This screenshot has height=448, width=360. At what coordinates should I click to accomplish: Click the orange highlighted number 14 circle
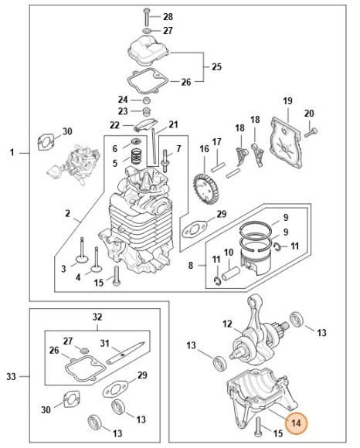pyautogui.click(x=296, y=423)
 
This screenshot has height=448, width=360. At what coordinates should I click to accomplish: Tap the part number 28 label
pyautogui.click(x=168, y=16)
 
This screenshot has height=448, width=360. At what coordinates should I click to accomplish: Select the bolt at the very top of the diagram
pyautogui.click(x=147, y=16)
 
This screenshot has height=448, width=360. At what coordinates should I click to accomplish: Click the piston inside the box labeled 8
pyautogui.click(x=255, y=261)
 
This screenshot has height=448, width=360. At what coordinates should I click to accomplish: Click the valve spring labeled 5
pyautogui.click(x=137, y=157)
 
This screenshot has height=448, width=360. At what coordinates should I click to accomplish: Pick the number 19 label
pyautogui.click(x=287, y=101)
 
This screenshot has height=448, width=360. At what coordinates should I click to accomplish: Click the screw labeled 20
pyautogui.click(x=311, y=133)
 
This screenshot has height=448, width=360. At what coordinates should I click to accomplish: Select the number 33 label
pyautogui.click(x=11, y=376)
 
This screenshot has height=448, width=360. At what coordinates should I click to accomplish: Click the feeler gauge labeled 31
pyautogui.click(x=125, y=353)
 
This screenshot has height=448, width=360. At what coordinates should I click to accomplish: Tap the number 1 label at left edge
pyautogui.click(x=12, y=153)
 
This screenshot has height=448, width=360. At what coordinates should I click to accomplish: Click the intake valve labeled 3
pyautogui.click(x=82, y=250)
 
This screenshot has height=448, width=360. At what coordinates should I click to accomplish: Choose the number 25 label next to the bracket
pyautogui.click(x=216, y=67)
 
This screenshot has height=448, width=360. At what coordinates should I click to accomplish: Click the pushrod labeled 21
pyautogui.click(x=155, y=147)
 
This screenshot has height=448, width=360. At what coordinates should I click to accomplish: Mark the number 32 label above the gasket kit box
pyautogui.click(x=97, y=317)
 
